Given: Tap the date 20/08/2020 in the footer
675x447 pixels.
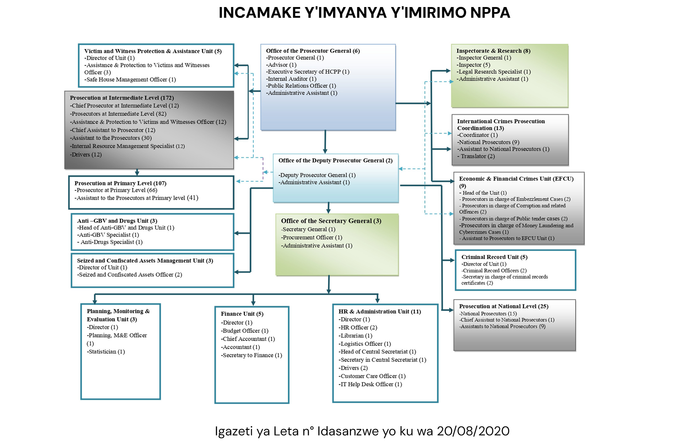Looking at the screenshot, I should tap(473, 431).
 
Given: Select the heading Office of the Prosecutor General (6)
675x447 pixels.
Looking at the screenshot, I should tap(313, 51).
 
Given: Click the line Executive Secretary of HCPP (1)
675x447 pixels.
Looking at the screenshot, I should tap(308, 72).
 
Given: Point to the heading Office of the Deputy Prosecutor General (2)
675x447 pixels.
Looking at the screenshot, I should tap(335, 160).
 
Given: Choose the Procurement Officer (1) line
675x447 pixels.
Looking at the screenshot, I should tap(312, 238).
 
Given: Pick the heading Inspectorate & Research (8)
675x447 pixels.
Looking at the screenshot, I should tap(493, 51).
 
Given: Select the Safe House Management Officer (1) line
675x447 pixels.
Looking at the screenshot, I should tap(130, 80).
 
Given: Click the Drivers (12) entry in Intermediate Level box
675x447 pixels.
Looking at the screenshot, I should tap(86, 155).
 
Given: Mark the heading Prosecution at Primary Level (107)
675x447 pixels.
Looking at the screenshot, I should tap(120, 183).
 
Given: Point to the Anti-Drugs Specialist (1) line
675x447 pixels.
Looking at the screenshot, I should tap(110, 242).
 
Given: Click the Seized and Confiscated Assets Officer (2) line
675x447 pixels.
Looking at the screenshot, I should tap(130, 275).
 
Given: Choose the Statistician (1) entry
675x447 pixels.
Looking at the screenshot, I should tap(106, 352).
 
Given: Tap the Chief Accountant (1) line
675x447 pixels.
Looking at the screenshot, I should tap(248, 339).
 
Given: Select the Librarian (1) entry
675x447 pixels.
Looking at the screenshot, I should tap(355, 336).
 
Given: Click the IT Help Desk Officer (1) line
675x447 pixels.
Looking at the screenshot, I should tap(370, 384).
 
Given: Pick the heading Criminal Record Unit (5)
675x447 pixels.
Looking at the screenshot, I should tap(494, 257).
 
